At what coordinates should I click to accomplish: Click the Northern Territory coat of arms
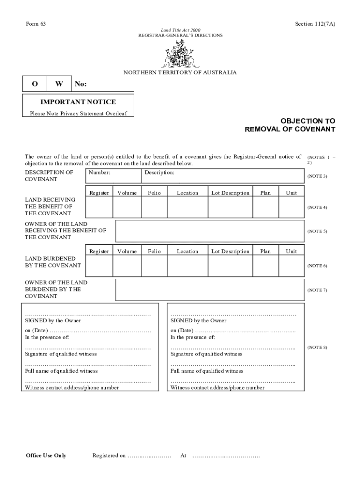[180, 54]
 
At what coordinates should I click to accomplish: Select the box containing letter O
[35, 84]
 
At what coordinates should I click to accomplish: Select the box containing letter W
[59, 84]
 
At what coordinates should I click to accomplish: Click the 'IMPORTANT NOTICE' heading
[78, 102]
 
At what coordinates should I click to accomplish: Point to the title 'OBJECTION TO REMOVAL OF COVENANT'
[290, 125]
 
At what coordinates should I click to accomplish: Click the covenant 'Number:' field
[113, 176]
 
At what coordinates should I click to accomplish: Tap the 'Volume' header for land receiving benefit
[127, 193]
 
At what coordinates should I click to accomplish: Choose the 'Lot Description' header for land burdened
[230, 251]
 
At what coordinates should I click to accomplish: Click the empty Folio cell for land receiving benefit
[154, 207]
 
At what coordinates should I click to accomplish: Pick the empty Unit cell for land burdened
[291, 266]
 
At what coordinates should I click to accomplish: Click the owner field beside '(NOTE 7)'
[209, 290]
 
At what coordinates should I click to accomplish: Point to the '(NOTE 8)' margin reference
[317, 347]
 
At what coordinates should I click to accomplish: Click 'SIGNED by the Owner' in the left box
[53, 321]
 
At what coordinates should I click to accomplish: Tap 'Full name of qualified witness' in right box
[207, 371]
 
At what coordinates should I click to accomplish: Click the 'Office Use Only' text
[46, 456]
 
